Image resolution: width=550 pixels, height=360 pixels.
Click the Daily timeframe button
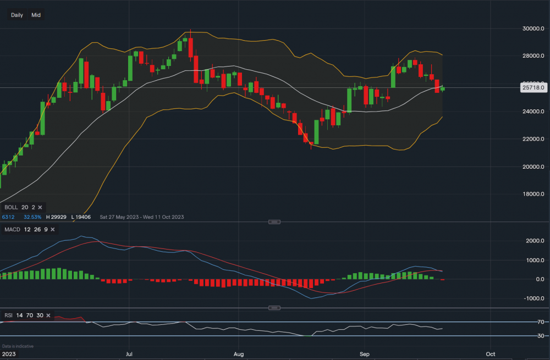(17, 15)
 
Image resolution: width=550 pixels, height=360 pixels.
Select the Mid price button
(36, 15)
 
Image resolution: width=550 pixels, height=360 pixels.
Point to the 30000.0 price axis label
(533, 29)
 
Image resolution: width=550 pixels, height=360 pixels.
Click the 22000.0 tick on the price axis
(533, 139)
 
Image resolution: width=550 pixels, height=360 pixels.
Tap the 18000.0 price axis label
(533, 194)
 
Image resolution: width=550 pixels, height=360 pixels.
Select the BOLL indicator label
(11, 207)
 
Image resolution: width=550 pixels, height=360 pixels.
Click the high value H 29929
(57, 217)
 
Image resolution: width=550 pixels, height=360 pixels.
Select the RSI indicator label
(9, 315)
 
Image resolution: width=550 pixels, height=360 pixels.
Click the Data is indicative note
(18, 346)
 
